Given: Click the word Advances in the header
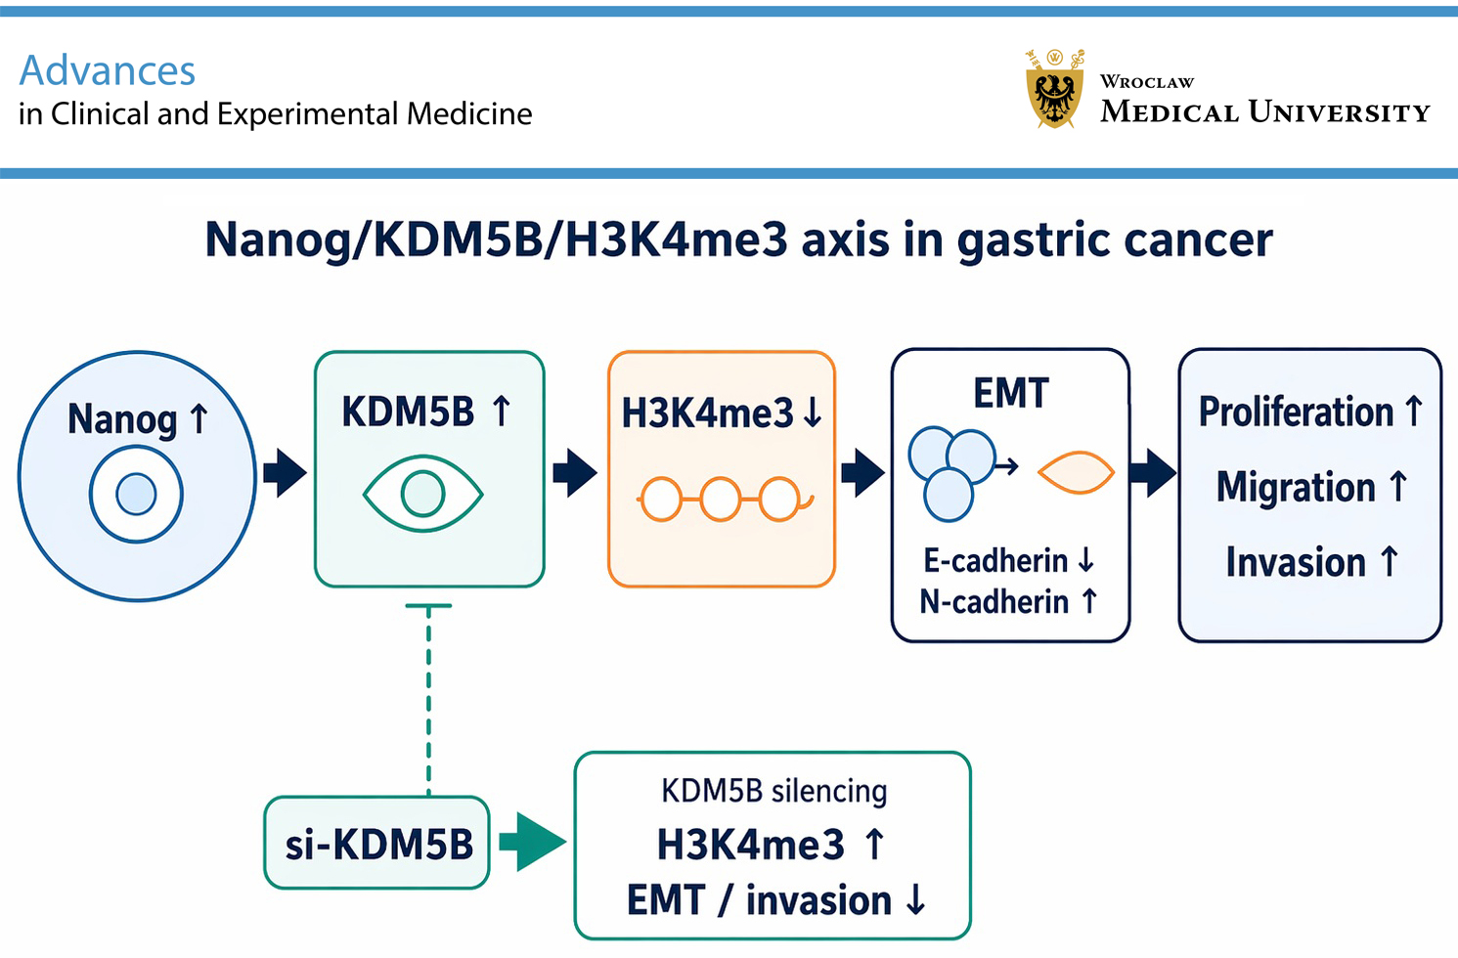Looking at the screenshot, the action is coord(108,70).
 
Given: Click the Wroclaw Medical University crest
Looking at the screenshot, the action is coord(1054,89).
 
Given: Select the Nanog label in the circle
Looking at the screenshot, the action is coord(121,419).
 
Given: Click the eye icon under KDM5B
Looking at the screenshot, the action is coord(423,494).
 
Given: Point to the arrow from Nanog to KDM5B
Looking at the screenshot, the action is coord(286,472).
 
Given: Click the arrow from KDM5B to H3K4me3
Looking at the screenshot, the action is coord(575,472).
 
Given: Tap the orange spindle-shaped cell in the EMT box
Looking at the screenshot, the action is coord(1076,472).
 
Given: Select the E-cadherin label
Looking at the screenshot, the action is coord(995,560).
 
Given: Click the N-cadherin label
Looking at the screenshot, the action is coord(994,601).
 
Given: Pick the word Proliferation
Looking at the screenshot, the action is coord(1296,412).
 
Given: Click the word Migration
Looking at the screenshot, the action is coord(1296,487).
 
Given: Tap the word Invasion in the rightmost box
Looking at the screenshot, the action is coord(1296,562).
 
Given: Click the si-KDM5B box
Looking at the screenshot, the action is coord(376,843).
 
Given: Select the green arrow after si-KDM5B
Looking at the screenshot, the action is coord(532,842).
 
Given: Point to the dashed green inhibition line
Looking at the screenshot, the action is coord(428,700).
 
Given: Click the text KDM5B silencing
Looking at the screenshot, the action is coord(773,792).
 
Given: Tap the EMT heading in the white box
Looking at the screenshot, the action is coord(1011,393).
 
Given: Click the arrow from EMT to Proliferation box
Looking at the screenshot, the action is coord(1153,472).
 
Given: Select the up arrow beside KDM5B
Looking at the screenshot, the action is coord(502,412).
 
